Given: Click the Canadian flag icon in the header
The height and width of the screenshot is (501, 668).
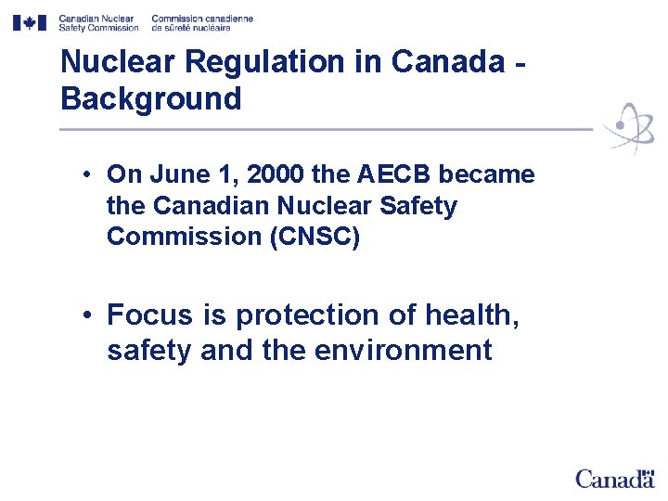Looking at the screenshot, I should (x=29, y=22).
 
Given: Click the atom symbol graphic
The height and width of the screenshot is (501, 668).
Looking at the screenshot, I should (x=628, y=127).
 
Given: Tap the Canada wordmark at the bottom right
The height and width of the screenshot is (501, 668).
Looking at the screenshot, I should (x=614, y=478).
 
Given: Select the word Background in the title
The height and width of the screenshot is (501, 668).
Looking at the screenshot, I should (x=150, y=98).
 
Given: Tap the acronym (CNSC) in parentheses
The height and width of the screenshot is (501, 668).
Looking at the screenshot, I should (x=314, y=236).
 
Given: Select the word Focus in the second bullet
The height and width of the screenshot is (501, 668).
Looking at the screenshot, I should (x=150, y=315).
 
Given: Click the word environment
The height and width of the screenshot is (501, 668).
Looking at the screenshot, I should (x=404, y=351).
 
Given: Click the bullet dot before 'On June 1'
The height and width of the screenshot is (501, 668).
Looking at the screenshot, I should (x=83, y=174).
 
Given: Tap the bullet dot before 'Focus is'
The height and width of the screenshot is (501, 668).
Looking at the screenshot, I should (x=83, y=315).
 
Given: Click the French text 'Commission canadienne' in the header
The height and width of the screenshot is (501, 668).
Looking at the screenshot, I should (x=201, y=18).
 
